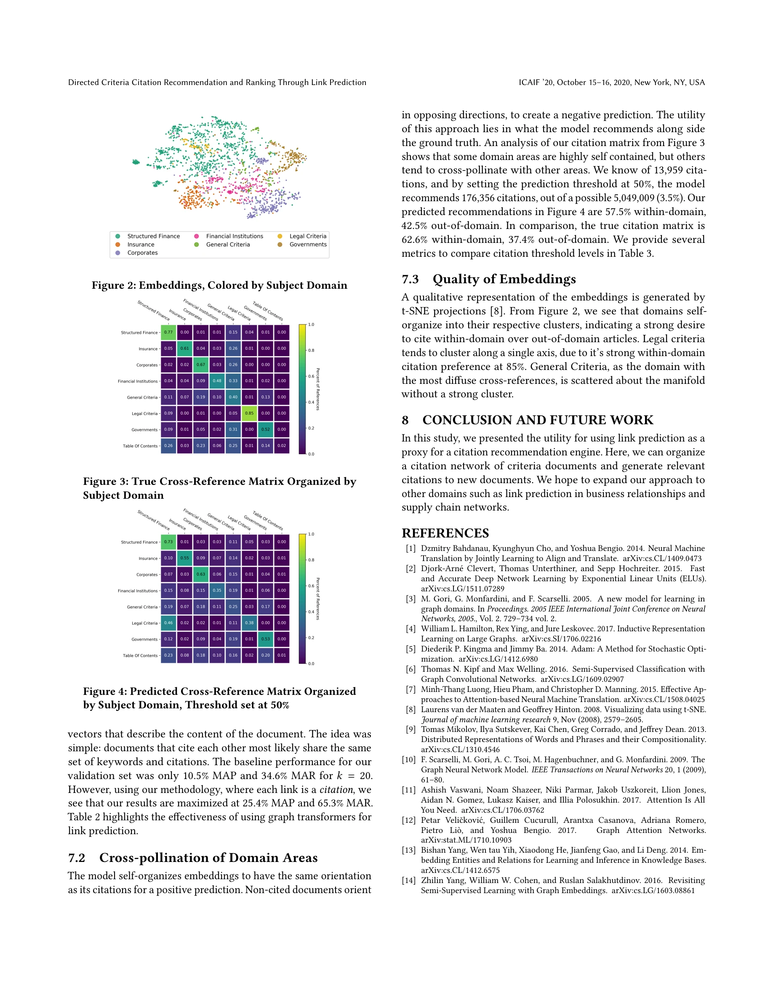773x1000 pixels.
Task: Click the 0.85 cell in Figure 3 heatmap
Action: pos(249,413)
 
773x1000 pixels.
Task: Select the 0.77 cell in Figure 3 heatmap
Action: pos(168,332)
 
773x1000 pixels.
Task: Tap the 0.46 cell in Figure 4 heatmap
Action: pos(168,623)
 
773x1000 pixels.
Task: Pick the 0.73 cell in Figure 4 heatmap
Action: pos(168,542)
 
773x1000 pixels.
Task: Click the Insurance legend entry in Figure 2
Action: pos(141,245)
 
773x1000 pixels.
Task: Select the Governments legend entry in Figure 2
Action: pos(308,245)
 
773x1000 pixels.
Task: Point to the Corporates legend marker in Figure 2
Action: pos(118,253)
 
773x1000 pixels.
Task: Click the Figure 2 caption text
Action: pos(219,285)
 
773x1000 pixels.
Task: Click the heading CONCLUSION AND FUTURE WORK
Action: pos(538,420)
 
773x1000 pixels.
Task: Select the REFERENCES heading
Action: pos(445,533)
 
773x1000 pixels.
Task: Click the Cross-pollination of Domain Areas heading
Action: pos(208,858)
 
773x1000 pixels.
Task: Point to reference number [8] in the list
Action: pos(410,709)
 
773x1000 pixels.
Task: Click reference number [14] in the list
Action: pos(408,880)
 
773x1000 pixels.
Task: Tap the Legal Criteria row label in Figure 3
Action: pos(144,413)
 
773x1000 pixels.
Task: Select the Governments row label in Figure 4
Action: pos(144,639)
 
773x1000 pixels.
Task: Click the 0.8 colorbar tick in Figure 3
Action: pos(312,350)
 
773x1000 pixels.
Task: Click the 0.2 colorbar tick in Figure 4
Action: pos(312,637)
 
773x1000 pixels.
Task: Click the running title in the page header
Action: pos(217,82)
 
